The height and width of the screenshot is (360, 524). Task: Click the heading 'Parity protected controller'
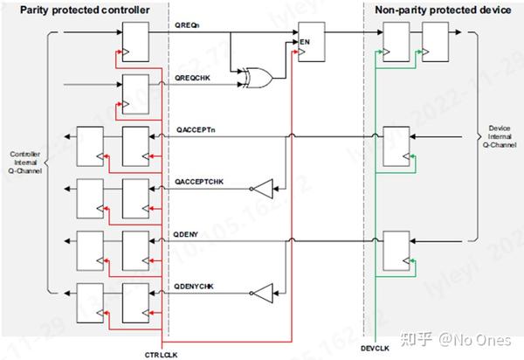point(78,10)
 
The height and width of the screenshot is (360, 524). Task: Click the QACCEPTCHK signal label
point(201,180)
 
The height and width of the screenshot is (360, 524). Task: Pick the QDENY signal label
point(189,233)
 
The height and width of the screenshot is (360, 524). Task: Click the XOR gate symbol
point(259,79)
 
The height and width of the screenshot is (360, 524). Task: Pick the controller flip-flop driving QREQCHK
point(134,88)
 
